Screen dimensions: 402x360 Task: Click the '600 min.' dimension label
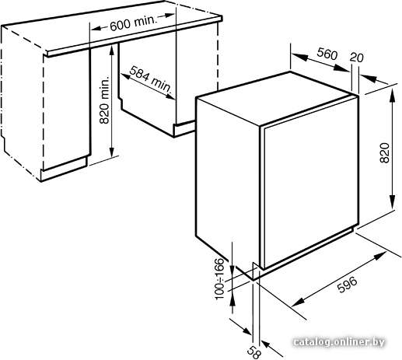tap(134, 23)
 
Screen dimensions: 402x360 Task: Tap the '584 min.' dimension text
tap(151, 79)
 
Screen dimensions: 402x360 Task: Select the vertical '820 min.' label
tap(104, 100)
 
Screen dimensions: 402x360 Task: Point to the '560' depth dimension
tap(327, 53)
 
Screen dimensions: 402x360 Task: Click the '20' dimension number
tap(356, 57)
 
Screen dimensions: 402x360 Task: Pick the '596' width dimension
tap(348, 285)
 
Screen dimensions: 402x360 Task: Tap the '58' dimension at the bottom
tap(253, 352)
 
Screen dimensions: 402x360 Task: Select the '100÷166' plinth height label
tap(219, 279)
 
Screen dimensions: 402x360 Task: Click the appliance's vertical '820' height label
tap(384, 152)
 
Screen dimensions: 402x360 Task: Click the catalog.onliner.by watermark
tap(339, 342)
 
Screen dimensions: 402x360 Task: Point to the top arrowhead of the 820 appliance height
tap(393, 96)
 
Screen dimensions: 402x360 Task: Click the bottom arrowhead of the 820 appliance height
tap(393, 201)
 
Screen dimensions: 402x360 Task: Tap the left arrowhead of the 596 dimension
tap(298, 302)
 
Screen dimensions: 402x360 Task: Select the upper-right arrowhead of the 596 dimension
tap(379, 257)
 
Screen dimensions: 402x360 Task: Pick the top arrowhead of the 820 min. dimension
tap(112, 51)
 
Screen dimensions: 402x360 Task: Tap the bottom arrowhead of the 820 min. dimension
tap(112, 150)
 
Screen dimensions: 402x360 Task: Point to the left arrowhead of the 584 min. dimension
tap(125, 76)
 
